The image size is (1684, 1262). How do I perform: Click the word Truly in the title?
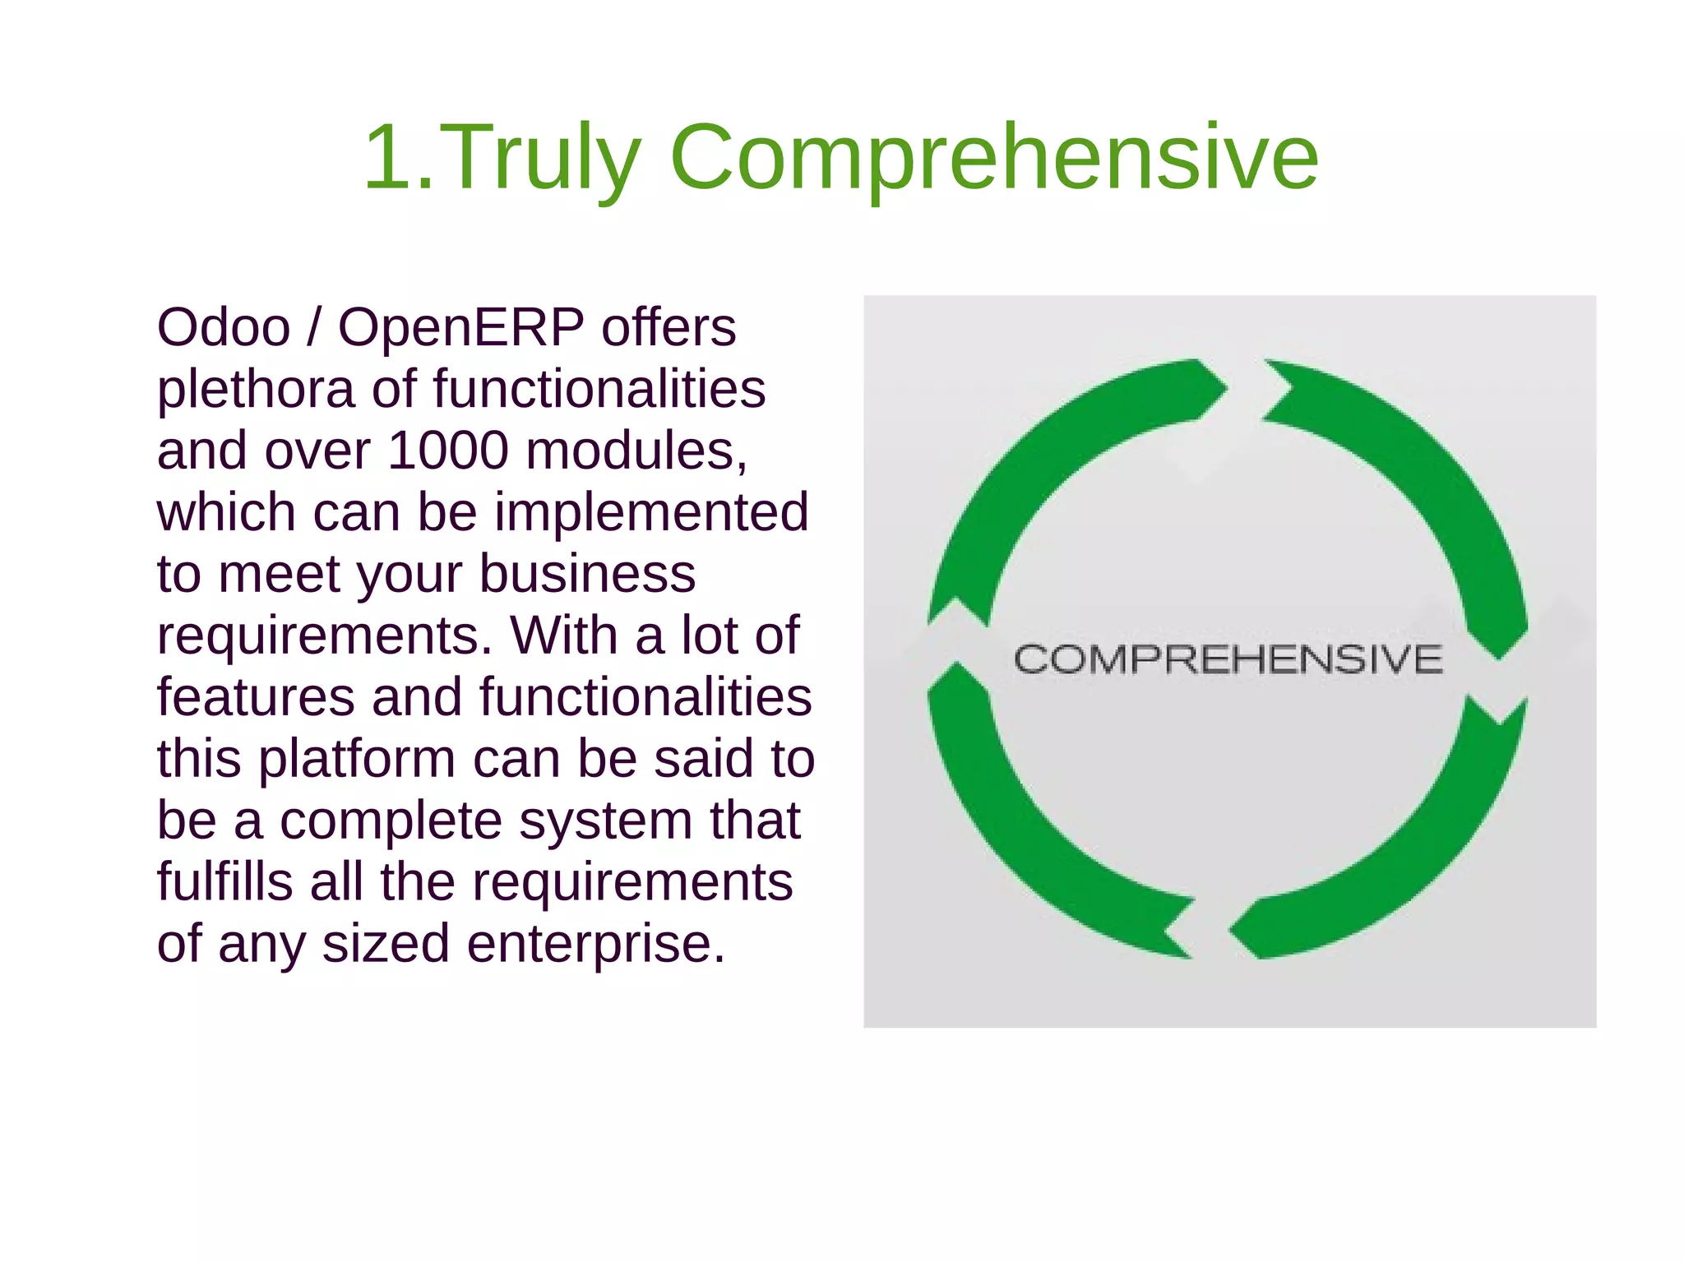(x=544, y=157)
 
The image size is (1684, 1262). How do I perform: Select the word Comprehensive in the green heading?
(x=994, y=157)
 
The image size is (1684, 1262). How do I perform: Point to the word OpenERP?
(x=461, y=327)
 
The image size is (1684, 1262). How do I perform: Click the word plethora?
(x=256, y=390)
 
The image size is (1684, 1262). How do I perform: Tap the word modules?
(x=636, y=451)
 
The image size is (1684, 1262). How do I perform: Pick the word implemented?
(x=651, y=512)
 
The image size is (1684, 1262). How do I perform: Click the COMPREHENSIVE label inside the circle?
(x=1228, y=659)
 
